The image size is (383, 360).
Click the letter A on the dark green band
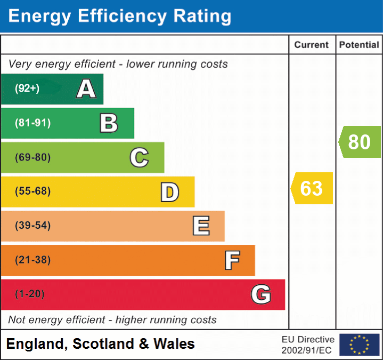[x=86, y=89]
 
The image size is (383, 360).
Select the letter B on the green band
[x=109, y=123]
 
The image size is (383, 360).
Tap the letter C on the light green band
[x=139, y=157]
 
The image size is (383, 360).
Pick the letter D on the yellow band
[x=169, y=192]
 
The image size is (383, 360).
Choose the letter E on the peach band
[x=200, y=226]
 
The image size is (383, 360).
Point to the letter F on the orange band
[x=231, y=260]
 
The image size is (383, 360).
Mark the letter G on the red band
[x=261, y=294]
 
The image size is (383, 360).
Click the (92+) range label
[x=27, y=89]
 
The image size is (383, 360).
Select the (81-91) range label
[x=33, y=123]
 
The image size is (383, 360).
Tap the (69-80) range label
[x=33, y=157]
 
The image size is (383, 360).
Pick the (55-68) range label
[x=33, y=191]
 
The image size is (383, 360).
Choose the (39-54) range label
[x=33, y=226]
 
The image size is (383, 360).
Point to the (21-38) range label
[x=33, y=260]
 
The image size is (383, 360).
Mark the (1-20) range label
[x=30, y=294]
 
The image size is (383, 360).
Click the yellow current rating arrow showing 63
[x=312, y=188]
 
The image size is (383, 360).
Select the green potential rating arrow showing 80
[x=360, y=142]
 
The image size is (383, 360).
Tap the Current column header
[x=312, y=45]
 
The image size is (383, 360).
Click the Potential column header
[x=359, y=45]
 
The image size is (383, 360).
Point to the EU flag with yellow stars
[x=359, y=345]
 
